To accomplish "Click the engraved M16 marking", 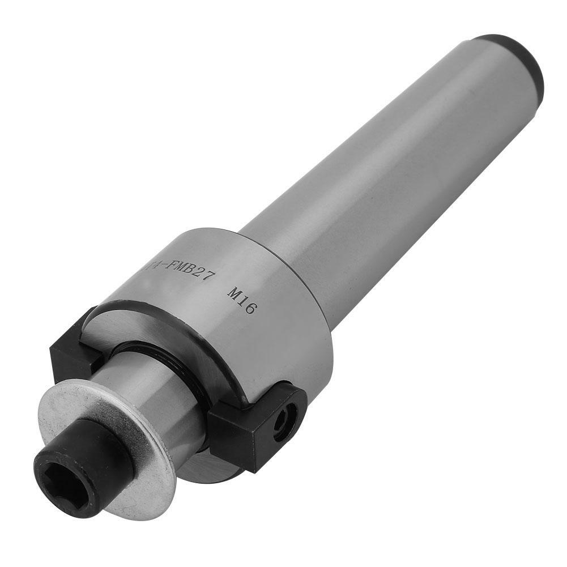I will click(x=242, y=301).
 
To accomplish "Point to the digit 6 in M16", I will click(x=251, y=308).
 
